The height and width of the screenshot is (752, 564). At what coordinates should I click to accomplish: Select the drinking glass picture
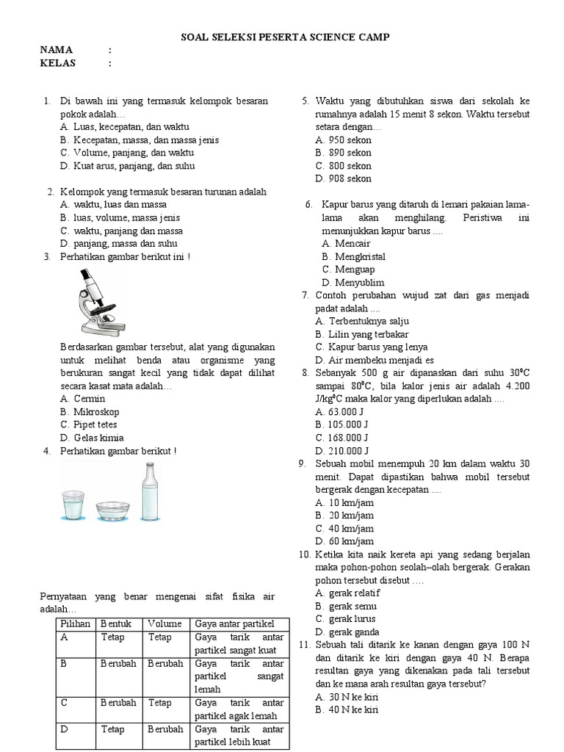coord(75,505)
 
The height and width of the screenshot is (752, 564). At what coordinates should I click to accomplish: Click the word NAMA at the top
coord(57,50)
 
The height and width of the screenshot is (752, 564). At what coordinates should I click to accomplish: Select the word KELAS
coord(58,63)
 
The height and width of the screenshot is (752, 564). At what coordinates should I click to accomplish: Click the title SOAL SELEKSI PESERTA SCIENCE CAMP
coord(286,37)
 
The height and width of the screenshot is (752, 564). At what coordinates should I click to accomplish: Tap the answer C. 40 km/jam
coord(344,528)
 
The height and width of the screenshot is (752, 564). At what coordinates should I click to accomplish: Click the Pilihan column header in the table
coord(76,623)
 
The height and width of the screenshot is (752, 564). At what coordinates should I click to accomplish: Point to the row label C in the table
coord(65,703)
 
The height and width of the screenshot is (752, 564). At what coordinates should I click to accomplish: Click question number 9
coord(302,464)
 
